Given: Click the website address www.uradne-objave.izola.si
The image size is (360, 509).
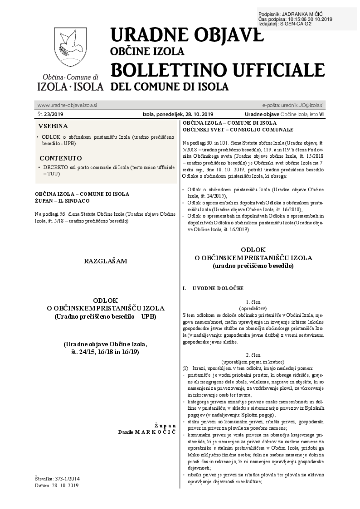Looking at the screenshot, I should (68, 105).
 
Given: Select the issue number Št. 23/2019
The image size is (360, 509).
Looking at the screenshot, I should (50, 114).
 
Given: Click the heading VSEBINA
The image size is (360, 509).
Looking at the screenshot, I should (53, 126).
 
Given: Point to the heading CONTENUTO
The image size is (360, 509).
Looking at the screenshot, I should (61, 158).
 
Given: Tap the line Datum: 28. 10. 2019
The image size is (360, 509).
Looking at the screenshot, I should (57, 485).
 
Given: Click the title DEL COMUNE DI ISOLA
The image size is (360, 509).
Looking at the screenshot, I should (170, 86).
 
